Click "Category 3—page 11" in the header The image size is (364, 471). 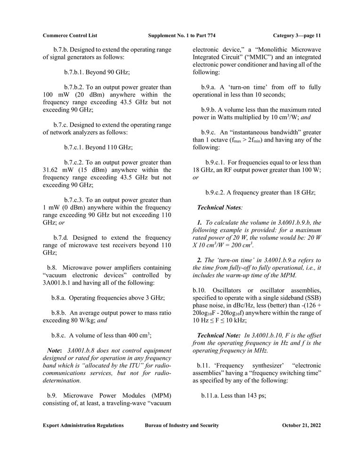tap(297, 35)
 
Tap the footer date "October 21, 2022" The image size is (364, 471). tap(301, 425)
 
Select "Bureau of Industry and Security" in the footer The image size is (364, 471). tap(182, 425)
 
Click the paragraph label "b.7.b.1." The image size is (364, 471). tap(77, 73)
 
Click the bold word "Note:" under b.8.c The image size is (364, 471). tap(56, 350)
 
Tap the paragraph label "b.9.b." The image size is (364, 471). tap(210, 110)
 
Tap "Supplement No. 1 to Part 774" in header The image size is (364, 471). tap(182, 35)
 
